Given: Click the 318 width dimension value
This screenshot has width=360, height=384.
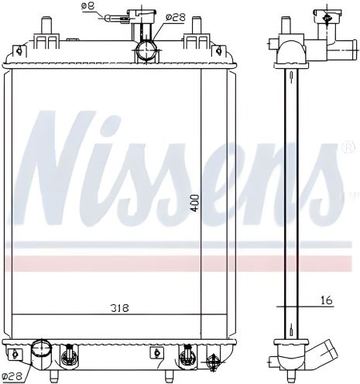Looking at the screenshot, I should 118,308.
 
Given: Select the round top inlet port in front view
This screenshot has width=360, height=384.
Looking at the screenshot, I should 146,51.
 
